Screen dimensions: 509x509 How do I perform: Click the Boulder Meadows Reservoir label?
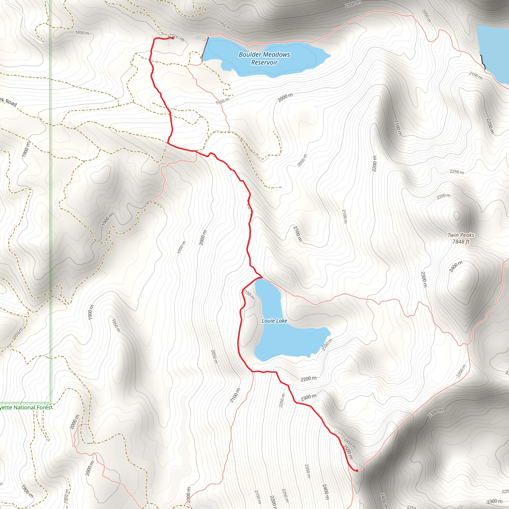pos(264,58)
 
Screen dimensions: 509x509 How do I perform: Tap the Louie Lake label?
pos(274,321)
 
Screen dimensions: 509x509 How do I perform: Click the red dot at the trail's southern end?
pos(356,470)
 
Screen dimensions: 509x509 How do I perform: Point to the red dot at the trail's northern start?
pos(172,38)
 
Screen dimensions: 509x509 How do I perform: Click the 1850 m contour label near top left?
pos(82,33)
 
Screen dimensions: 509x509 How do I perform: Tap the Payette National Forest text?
pos(26,407)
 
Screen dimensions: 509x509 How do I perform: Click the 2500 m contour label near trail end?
pos(347,452)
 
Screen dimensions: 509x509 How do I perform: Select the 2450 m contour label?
pos(350,443)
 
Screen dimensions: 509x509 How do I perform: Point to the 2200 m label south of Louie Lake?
pos(308,379)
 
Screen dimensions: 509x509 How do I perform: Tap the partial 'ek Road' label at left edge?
pos(8,102)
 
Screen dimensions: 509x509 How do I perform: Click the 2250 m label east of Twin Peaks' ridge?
pos(457,172)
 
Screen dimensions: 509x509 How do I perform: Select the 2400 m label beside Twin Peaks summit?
pos(456,267)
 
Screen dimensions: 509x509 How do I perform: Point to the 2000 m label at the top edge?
pos(353,4)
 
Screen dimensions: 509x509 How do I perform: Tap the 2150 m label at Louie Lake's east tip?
pos(327,345)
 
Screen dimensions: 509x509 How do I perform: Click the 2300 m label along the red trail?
pos(308,398)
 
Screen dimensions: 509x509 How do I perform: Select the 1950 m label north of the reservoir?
pos(224,25)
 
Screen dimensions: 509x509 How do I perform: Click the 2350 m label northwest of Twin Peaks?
pos(443,196)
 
